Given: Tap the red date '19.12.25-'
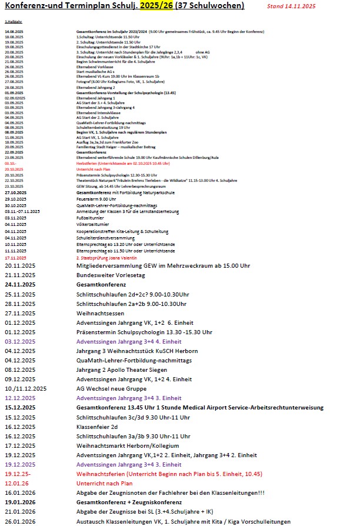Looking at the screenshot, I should [x=19, y=474].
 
